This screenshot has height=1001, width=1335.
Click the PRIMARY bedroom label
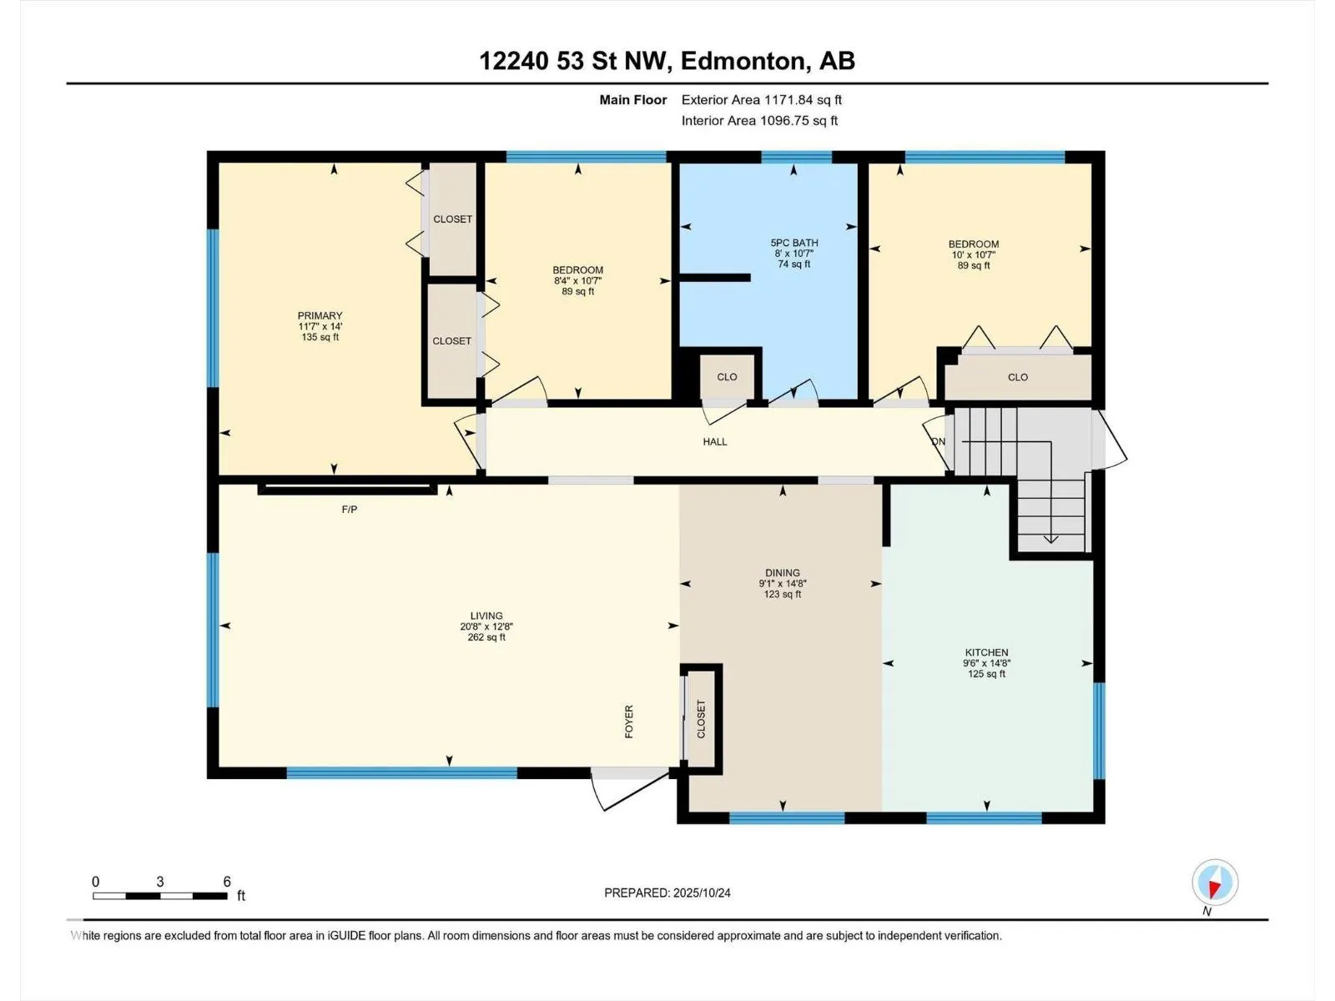click(320, 315)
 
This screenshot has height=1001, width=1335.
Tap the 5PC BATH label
click(793, 243)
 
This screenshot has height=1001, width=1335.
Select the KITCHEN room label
click(986, 652)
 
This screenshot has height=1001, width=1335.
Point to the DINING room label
click(782, 572)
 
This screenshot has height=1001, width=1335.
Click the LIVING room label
click(486, 616)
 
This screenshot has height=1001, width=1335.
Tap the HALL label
click(714, 442)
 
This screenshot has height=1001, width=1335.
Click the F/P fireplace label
click(349, 510)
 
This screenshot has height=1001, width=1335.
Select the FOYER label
click(629, 722)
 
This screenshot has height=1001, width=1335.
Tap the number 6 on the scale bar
click(227, 881)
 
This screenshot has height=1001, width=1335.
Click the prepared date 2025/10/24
click(701, 893)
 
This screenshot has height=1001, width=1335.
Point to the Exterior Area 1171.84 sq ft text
click(762, 99)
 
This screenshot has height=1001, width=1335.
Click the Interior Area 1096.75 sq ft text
click(759, 120)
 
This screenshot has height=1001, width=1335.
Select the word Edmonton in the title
click(746, 61)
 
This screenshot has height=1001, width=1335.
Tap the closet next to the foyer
click(701, 719)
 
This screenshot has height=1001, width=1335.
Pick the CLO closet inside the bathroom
click(727, 377)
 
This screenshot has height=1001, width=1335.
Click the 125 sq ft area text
click(986, 674)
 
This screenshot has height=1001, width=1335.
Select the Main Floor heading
click(633, 99)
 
